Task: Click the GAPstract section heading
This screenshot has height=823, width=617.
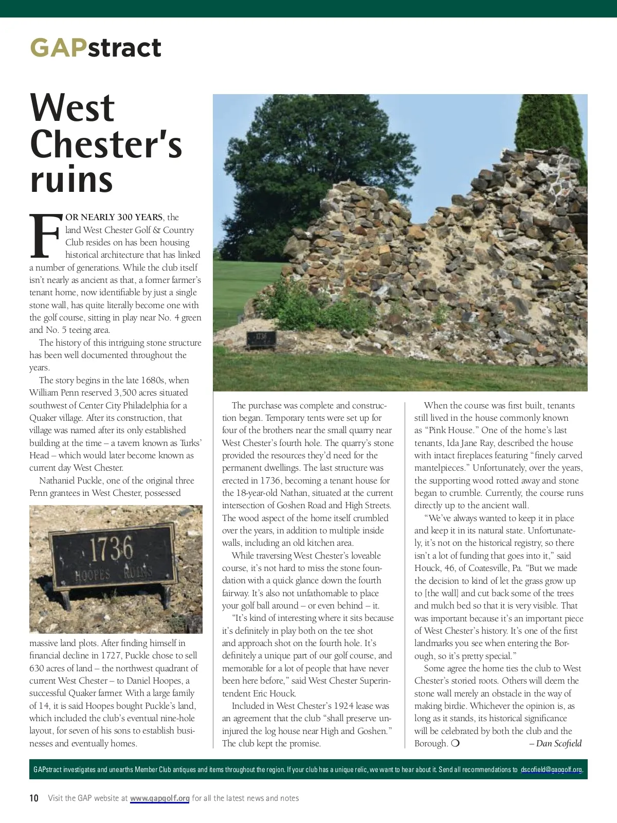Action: pyautogui.click(x=96, y=48)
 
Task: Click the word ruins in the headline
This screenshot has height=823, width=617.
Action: pyautogui.click(x=71, y=180)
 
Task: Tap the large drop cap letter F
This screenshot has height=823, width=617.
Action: pyautogui.click(x=45, y=236)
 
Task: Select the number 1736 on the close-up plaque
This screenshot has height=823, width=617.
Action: pyautogui.click(x=111, y=549)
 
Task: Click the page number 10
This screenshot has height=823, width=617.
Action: pyautogui.click(x=34, y=798)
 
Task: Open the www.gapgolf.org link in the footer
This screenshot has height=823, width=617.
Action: pyautogui.click(x=159, y=798)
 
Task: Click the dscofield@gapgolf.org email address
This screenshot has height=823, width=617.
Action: pyautogui.click(x=551, y=770)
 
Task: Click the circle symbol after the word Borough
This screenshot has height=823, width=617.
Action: pyautogui.click(x=455, y=743)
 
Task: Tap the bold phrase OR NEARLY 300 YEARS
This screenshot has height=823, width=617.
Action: pyautogui.click(x=114, y=217)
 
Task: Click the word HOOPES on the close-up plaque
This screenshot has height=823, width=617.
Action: pyautogui.click(x=93, y=575)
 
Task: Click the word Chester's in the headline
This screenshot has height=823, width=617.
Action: pyautogui.click(x=106, y=144)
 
